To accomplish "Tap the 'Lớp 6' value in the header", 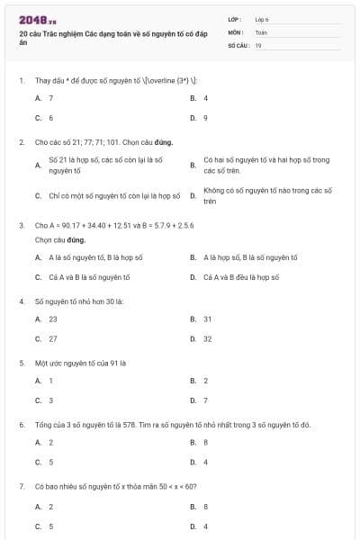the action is click(x=262, y=18).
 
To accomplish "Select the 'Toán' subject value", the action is click(x=261, y=31).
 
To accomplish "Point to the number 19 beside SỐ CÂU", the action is click(x=258, y=43).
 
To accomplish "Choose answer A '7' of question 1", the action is click(x=50, y=97).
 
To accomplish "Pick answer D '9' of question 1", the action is click(x=205, y=117).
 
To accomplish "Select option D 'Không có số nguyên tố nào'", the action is click(x=267, y=195).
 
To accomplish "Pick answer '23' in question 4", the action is click(x=52, y=319).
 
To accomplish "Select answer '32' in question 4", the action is click(x=208, y=338).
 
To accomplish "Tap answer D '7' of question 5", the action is click(x=205, y=400).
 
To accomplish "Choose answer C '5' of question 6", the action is click(x=50, y=462).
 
